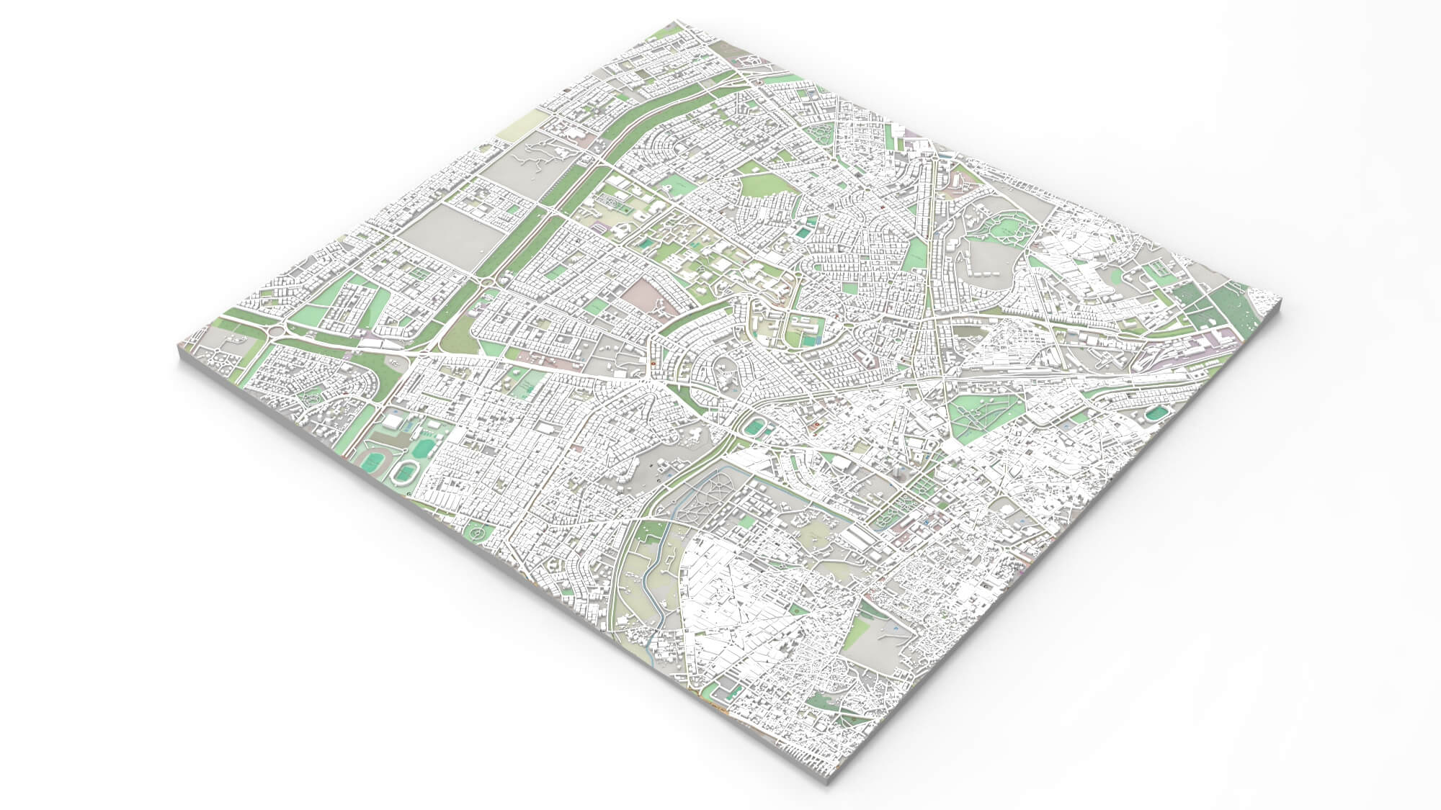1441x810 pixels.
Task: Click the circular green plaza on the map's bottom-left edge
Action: (477, 532)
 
